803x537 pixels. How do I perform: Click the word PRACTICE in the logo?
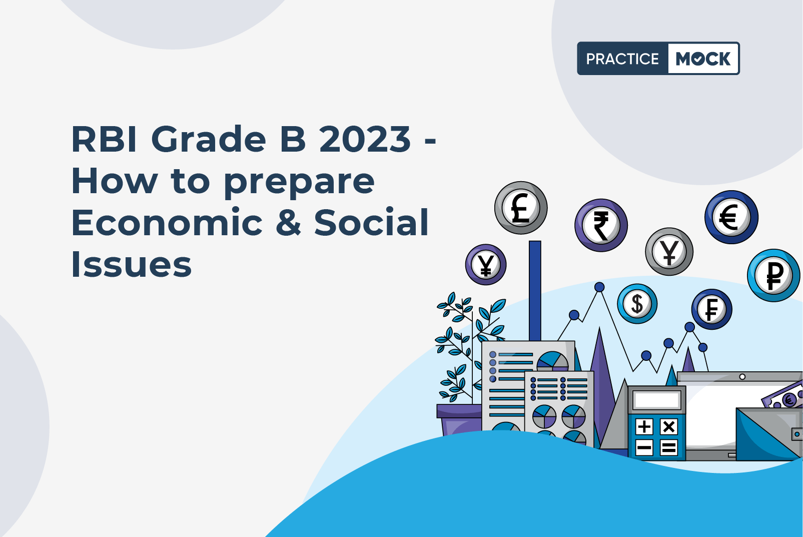(622, 59)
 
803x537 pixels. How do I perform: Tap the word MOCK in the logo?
(703, 59)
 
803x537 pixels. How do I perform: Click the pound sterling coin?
(521, 208)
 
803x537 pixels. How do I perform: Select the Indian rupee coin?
(601, 226)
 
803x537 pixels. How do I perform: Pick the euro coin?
(731, 217)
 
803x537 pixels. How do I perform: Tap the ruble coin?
(773, 275)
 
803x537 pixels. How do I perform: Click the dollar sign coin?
(637, 304)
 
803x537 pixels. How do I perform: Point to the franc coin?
(711, 309)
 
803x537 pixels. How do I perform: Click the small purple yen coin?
(486, 265)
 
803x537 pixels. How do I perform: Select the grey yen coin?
(669, 252)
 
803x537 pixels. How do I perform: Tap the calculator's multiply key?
(668, 427)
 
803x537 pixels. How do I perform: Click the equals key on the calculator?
(668, 447)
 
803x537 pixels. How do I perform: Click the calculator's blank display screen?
(657, 400)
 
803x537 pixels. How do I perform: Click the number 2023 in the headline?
(365, 139)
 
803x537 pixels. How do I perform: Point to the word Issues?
(132, 264)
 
